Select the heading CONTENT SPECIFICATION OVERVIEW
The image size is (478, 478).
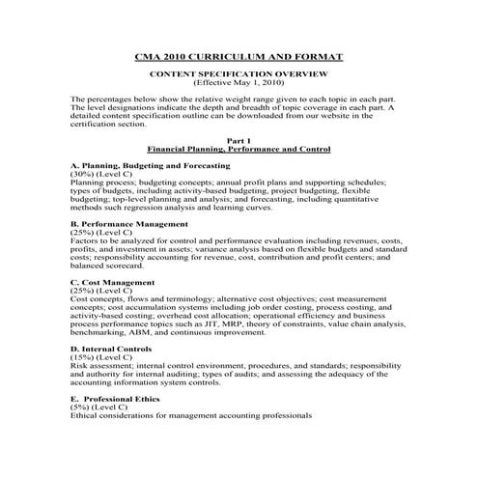[x=239, y=73]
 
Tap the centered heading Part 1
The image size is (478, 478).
[x=239, y=141]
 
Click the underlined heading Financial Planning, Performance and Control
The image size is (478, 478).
[x=239, y=150]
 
